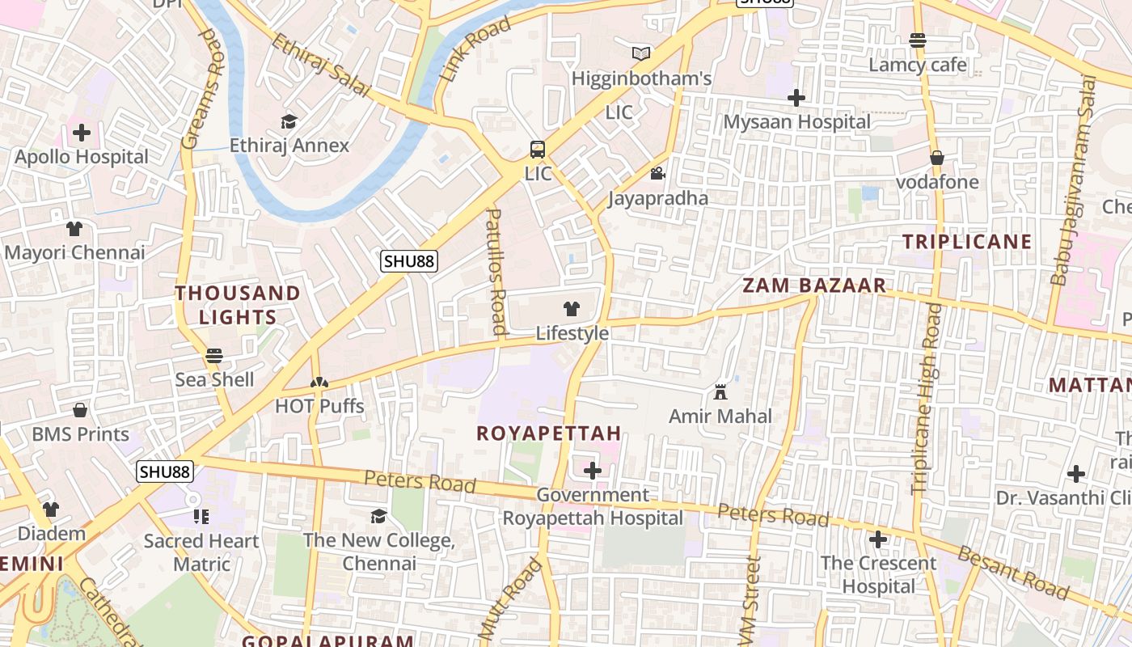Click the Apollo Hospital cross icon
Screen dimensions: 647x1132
click(82, 133)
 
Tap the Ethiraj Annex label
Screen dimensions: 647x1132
click(289, 146)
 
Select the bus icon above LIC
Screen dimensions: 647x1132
click(538, 149)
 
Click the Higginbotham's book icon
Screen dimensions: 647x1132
click(641, 54)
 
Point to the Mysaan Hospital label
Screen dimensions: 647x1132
click(796, 122)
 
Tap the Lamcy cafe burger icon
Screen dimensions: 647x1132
click(917, 40)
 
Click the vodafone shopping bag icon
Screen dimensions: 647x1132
click(937, 158)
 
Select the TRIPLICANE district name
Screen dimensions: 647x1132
click(967, 241)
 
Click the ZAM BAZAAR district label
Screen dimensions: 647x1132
click(814, 285)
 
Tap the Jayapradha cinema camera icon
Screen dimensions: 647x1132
click(657, 174)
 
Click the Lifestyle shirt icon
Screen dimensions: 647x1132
click(572, 308)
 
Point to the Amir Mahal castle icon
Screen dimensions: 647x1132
click(720, 392)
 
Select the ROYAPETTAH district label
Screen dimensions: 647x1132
click(549, 433)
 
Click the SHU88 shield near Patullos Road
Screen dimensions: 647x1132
click(409, 260)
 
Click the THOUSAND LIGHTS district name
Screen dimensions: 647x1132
click(238, 305)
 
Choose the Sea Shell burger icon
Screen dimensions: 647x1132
click(214, 355)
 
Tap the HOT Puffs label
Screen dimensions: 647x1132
click(319, 406)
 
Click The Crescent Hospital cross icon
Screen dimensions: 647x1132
click(878, 539)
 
